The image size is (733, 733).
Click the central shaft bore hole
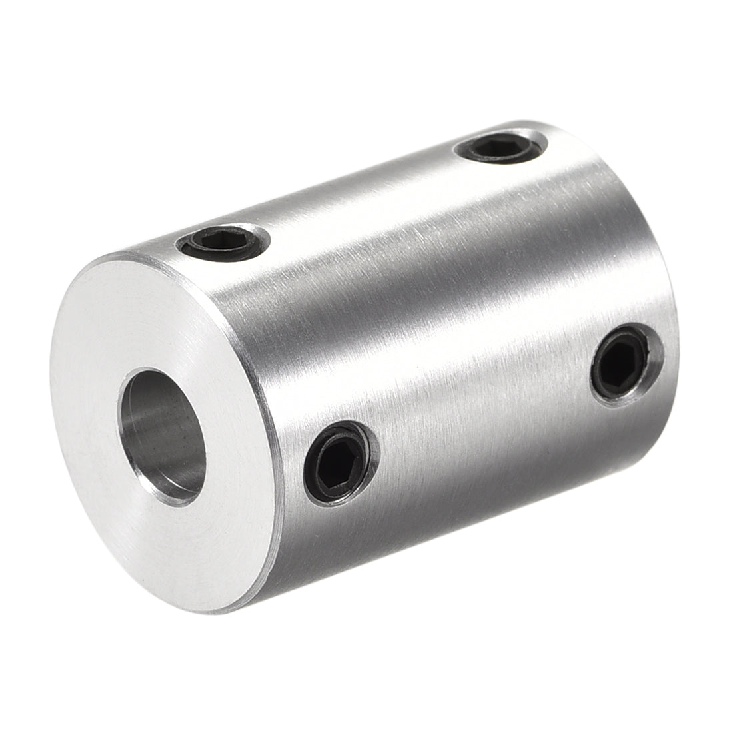(x=162, y=436)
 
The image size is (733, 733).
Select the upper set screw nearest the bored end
(x=223, y=241)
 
